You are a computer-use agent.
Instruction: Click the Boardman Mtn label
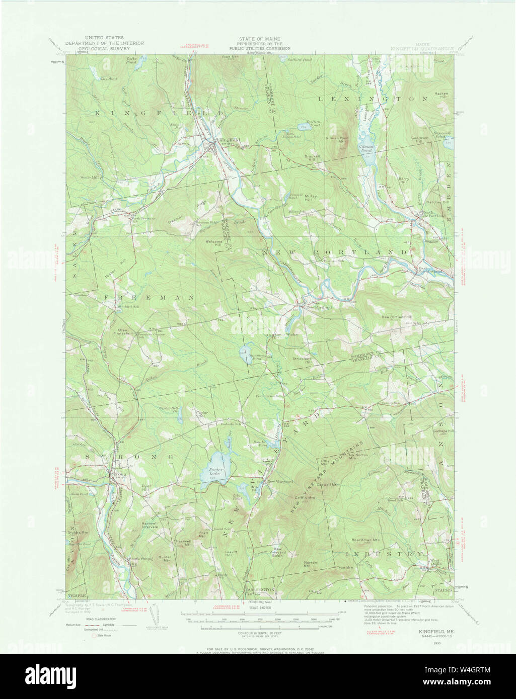tap(365, 540)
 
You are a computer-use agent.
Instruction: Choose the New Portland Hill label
tap(397, 317)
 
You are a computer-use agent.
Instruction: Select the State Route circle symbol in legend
tap(93, 636)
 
